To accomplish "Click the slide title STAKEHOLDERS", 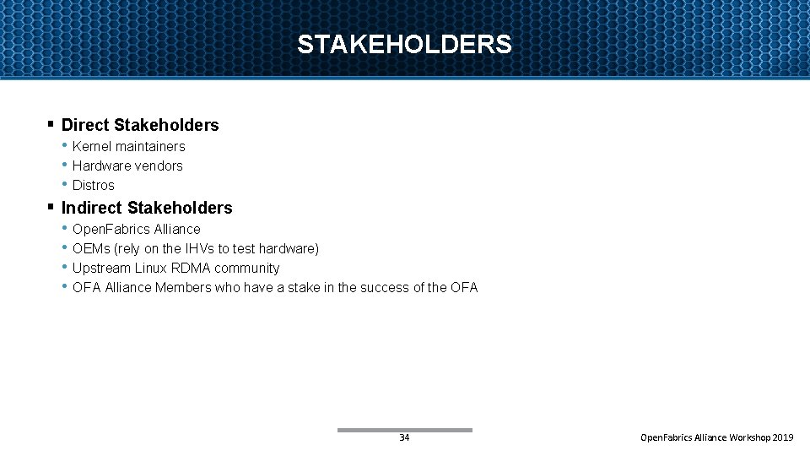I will (x=404, y=44).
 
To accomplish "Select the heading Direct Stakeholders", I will (x=140, y=125).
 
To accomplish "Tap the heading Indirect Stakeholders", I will (x=147, y=208).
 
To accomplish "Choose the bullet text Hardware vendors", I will (x=127, y=166).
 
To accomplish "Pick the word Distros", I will (x=93, y=186).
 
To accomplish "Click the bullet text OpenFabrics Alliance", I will (x=137, y=230).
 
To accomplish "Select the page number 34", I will (x=404, y=438).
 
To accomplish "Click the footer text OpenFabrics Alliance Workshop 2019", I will (x=717, y=438).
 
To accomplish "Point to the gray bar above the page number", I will (x=404, y=430).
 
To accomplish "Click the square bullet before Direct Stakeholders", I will (x=51, y=125).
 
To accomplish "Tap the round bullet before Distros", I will (x=64, y=184).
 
